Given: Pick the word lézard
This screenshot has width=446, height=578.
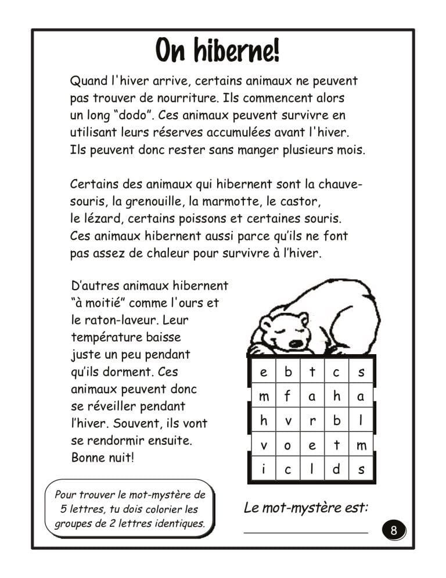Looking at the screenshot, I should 103,220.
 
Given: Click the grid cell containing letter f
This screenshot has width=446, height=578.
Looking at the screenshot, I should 287,397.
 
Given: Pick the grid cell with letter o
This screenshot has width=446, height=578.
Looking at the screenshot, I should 287,446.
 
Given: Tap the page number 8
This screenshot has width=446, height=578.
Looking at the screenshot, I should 394,530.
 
